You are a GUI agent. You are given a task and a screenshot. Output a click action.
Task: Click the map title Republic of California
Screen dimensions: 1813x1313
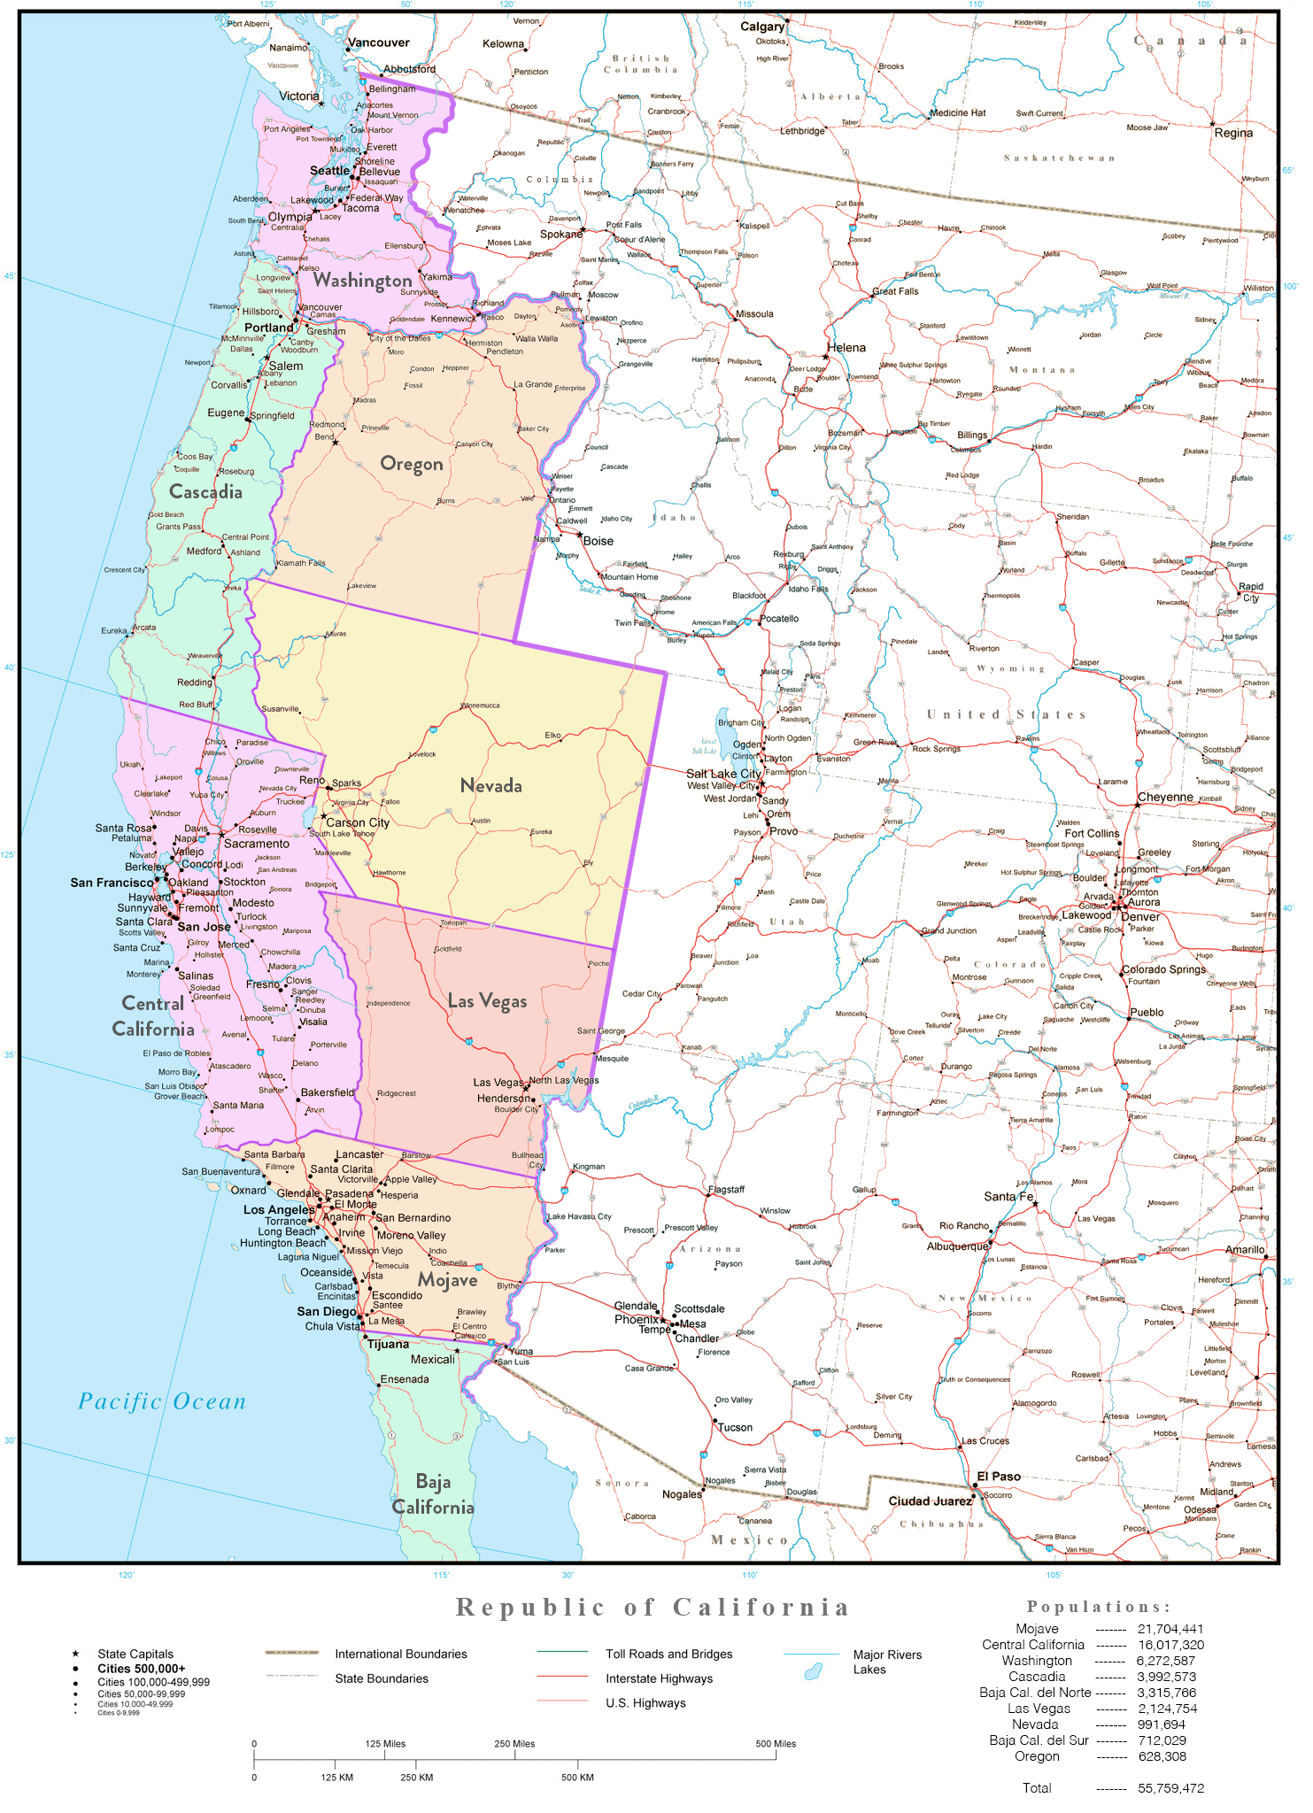click(x=653, y=1607)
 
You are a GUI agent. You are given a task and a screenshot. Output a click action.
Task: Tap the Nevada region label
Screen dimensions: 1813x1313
click(x=490, y=785)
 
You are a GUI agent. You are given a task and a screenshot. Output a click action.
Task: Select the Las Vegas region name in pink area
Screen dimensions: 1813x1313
click(x=487, y=1000)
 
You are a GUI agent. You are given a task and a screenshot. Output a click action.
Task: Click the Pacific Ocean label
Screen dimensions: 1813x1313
click(x=162, y=1401)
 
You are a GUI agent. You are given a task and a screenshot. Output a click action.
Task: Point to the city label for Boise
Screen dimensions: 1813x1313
click(x=598, y=541)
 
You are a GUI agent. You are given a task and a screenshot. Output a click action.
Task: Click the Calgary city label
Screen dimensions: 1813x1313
click(x=761, y=27)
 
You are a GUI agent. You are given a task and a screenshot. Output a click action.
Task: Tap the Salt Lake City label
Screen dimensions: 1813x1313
click(x=723, y=773)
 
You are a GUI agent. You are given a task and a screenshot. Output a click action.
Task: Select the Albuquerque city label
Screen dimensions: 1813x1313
click(x=957, y=1246)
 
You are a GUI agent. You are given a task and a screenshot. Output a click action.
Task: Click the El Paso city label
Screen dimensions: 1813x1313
click(x=998, y=1477)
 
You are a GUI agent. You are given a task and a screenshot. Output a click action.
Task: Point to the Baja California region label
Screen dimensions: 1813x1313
click(x=433, y=1494)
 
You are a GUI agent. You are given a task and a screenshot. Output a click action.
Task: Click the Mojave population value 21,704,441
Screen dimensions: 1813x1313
click(x=1170, y=1629)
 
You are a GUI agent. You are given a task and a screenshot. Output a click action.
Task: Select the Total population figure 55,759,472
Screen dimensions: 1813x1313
click(x=1170, y=1788)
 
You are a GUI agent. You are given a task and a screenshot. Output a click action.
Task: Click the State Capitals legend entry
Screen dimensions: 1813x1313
click(x=135, y=1654)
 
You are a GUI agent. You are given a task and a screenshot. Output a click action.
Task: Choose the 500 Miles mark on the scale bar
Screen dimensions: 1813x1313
click(x=776, y=1744)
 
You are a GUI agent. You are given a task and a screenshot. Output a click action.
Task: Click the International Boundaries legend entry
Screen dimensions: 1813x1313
click(x=400, y=1654)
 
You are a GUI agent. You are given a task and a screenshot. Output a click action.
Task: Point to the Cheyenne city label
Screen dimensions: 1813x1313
click(x=1165, y=797)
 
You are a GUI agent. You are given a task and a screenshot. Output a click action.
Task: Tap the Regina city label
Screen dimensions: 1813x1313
click(x=1232, y=133)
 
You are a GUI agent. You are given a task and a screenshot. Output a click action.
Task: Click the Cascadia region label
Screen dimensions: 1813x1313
click(x=205, y=491)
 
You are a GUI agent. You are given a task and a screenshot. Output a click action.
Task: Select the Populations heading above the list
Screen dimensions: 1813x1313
click(x=1098, y=1607)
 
